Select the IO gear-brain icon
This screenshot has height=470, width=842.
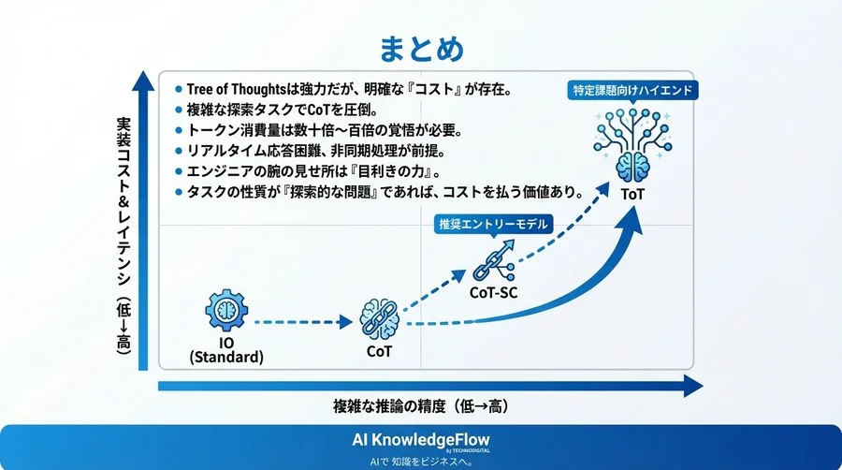tap(226, 312)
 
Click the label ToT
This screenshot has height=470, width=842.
tap(632, 194)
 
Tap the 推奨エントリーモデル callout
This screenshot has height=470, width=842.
tap(492, 225)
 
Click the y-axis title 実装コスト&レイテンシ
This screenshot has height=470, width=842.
tap(123, 234)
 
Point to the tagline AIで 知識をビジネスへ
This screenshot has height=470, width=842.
tap(420, 461)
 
